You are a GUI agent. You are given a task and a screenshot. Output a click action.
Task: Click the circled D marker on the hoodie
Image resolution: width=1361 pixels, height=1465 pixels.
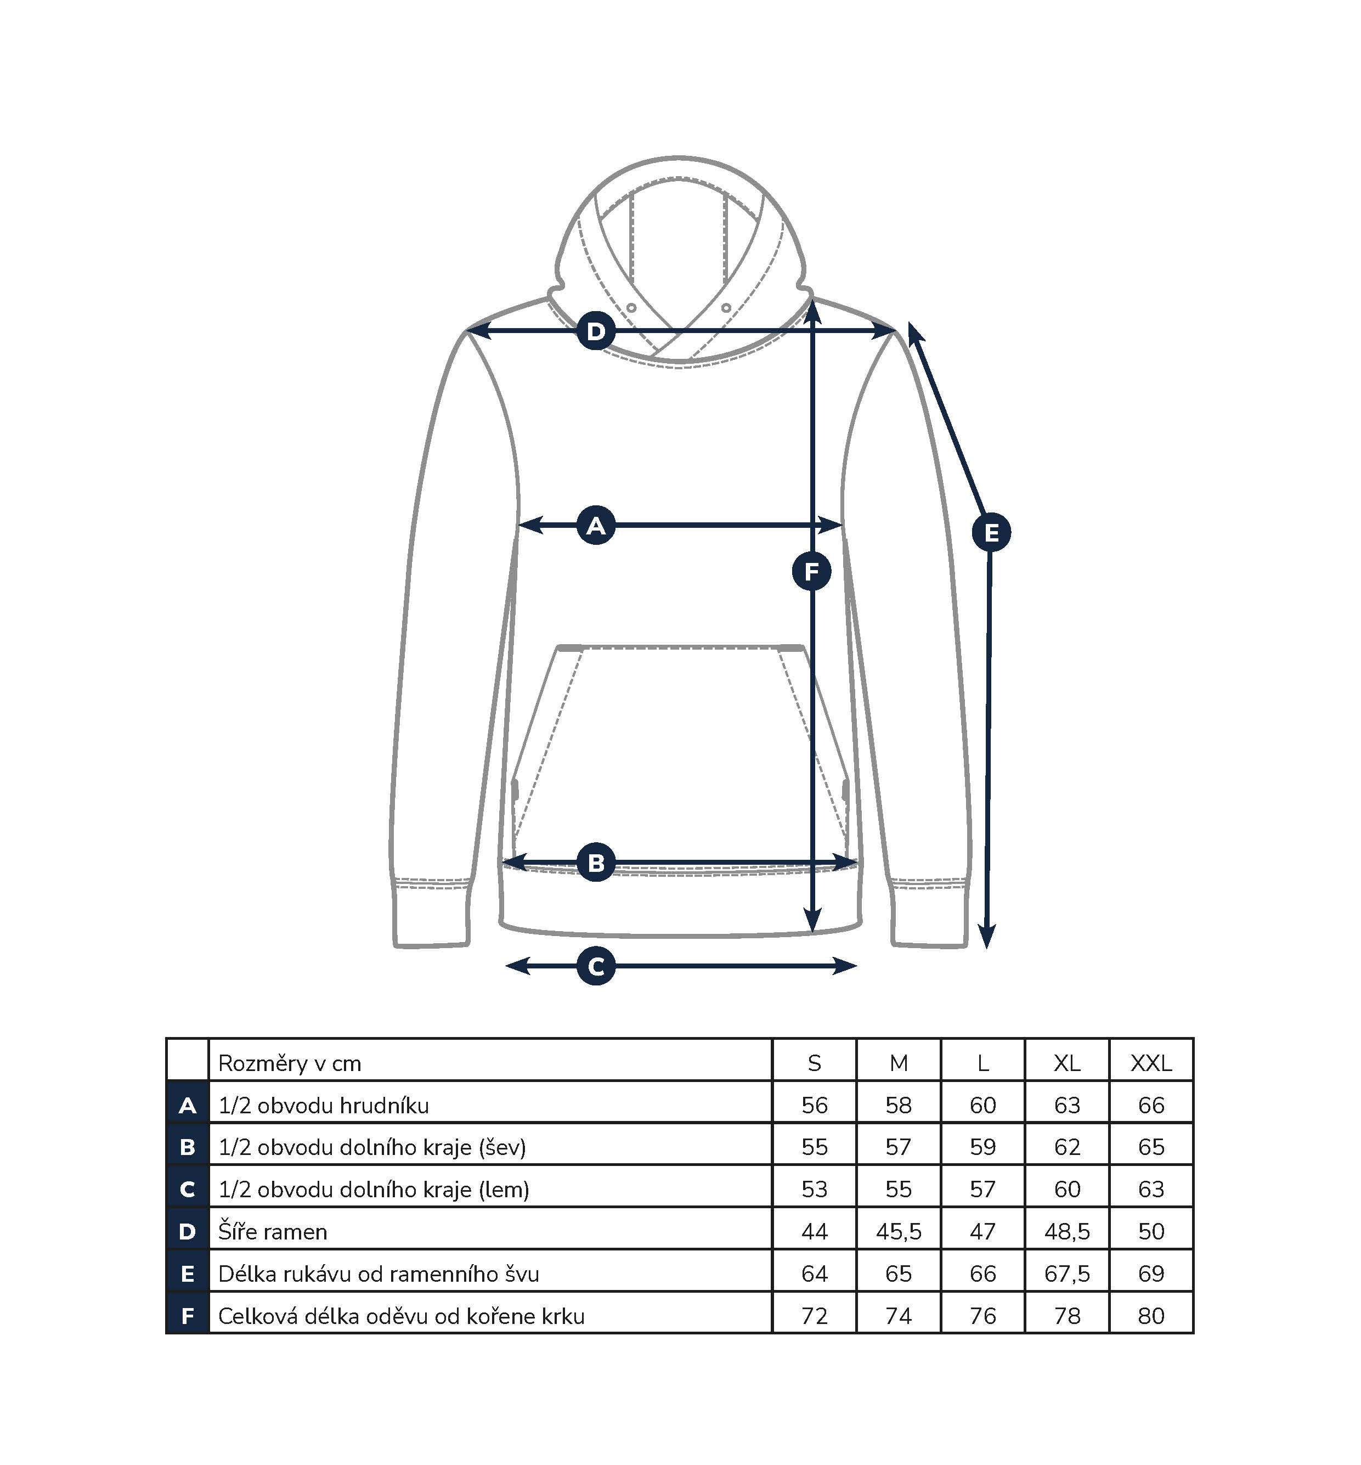point(596,331)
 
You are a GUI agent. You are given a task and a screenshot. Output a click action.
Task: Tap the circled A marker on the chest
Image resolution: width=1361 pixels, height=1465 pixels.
point(596,526)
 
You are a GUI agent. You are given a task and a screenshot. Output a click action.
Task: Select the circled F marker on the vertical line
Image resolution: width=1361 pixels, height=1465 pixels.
point(811,572)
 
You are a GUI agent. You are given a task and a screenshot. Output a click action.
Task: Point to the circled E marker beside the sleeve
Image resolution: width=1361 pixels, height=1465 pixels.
point(991,533)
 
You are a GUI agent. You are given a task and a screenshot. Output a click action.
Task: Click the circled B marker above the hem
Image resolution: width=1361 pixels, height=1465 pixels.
point(596,863)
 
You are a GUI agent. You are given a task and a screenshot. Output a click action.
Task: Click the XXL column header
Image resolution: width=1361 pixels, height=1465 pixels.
point(1151,1063)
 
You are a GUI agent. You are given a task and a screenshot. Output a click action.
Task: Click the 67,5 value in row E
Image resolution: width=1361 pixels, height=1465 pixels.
point(1067,1274)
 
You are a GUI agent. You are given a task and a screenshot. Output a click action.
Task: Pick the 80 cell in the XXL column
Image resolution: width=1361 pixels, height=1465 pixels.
point(1151,1316)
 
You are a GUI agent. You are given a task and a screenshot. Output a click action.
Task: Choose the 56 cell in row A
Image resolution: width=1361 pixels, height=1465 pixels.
point(815,1106)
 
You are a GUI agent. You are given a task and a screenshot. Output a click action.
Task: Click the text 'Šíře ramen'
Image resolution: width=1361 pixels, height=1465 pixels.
point(273,1231)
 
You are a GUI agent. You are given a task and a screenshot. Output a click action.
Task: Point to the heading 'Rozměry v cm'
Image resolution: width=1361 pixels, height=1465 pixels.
point(290,1063)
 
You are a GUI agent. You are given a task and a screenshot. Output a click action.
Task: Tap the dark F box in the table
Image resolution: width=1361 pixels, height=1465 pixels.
point(188,1316)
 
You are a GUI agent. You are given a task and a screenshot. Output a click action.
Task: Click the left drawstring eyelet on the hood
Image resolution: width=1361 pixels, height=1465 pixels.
point(631,307)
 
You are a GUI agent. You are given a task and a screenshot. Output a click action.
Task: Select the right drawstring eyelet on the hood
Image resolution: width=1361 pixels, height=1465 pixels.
point(726,307)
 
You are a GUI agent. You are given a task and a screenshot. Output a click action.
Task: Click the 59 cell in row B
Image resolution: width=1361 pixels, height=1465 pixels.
point(982,1147)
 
